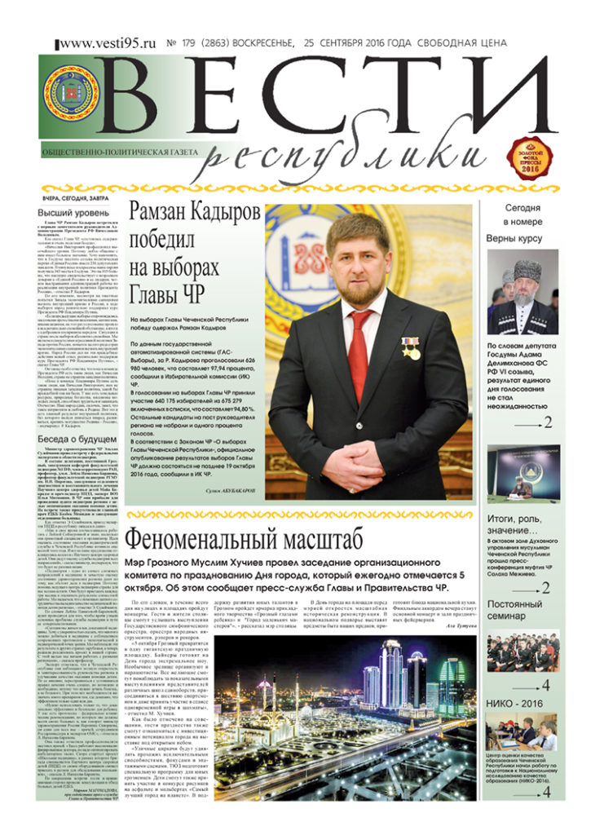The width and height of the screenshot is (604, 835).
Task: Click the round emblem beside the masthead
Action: (x=71, y=93)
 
